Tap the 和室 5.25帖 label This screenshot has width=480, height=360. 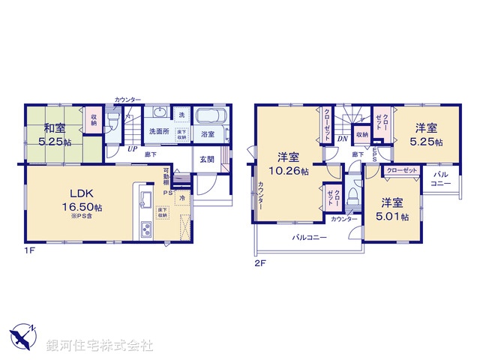click(56, 133)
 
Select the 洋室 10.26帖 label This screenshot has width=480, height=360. click(288, 163)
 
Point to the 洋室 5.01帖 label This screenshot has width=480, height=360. click(393, 209)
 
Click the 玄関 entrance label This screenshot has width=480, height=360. click(207, 159)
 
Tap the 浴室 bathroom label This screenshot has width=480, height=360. click(207, 134)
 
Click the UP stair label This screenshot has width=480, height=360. click(131, 148)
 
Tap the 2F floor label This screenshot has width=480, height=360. click(260, 263)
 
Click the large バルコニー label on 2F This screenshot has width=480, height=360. click(309, 238)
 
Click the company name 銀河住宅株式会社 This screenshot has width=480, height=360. click(100, 346)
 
